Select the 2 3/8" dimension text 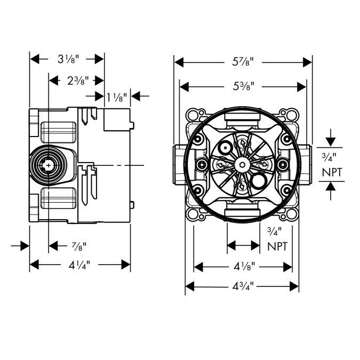pos(78,80)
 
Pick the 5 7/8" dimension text pos(243,62)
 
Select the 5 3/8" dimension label pos(243,85)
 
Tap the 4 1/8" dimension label pos(243,266)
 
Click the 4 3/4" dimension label pos(243,286)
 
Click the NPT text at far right pos(331,172)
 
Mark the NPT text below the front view pos(278,246)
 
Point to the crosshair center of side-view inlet pos(49,166)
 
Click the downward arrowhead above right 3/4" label pos(331,142)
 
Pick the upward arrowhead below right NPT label pos(331,186)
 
